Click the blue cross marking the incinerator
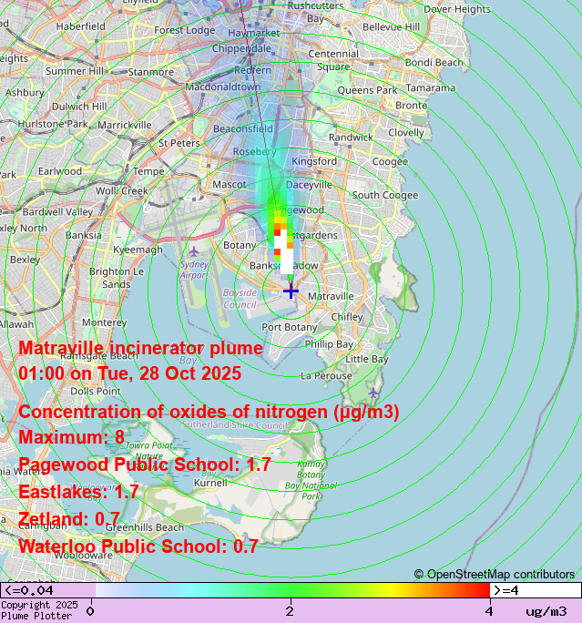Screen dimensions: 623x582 [291, 291]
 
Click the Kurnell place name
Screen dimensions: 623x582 [210, 483]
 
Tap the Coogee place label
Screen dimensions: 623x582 [391, 161]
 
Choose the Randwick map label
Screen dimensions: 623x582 [351, 138]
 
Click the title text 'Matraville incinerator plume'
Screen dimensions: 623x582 [140, 348]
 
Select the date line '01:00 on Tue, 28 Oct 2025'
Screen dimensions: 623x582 [129, 373]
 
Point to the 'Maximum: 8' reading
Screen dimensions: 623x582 [71, 437]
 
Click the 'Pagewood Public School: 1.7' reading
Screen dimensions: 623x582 [145, 465]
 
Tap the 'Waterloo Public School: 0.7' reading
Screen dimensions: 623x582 [138, 546]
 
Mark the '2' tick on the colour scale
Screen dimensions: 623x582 [291, 611]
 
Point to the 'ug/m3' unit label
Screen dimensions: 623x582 [546, 611]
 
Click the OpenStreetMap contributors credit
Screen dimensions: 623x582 [495, 574]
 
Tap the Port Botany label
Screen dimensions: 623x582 [290, 327]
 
